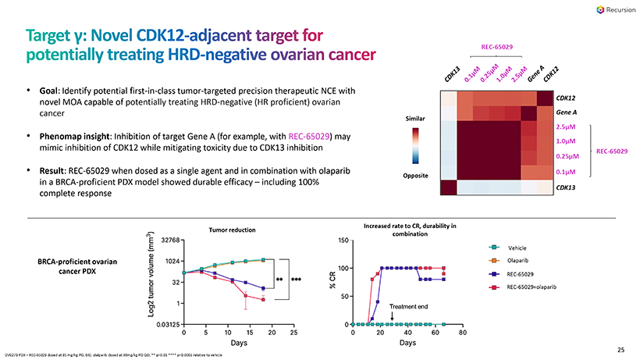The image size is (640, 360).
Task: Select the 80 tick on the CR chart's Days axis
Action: click(462, 333)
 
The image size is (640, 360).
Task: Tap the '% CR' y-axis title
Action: click(333, 282)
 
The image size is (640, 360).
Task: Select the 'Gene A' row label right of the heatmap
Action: click(568, 112)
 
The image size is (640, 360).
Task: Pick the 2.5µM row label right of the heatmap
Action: click(567, 127)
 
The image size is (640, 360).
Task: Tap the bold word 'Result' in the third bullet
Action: click(54, 170)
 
